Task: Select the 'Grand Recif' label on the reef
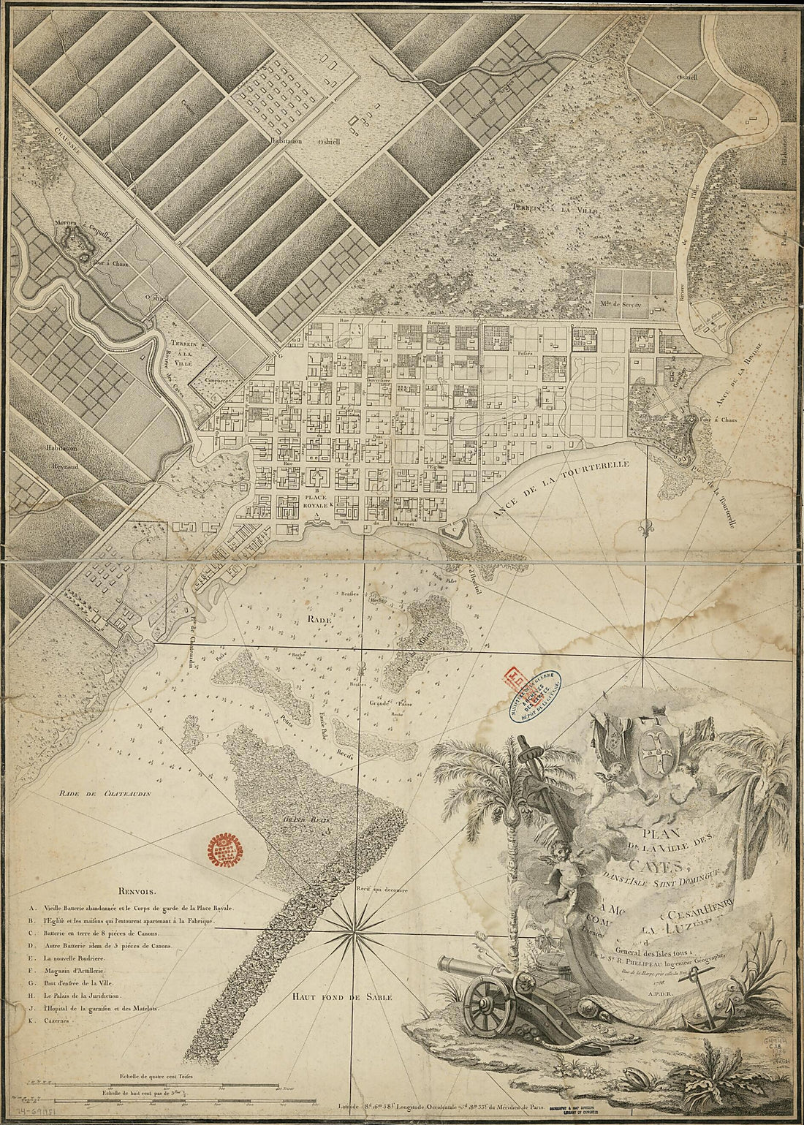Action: [305, 821]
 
